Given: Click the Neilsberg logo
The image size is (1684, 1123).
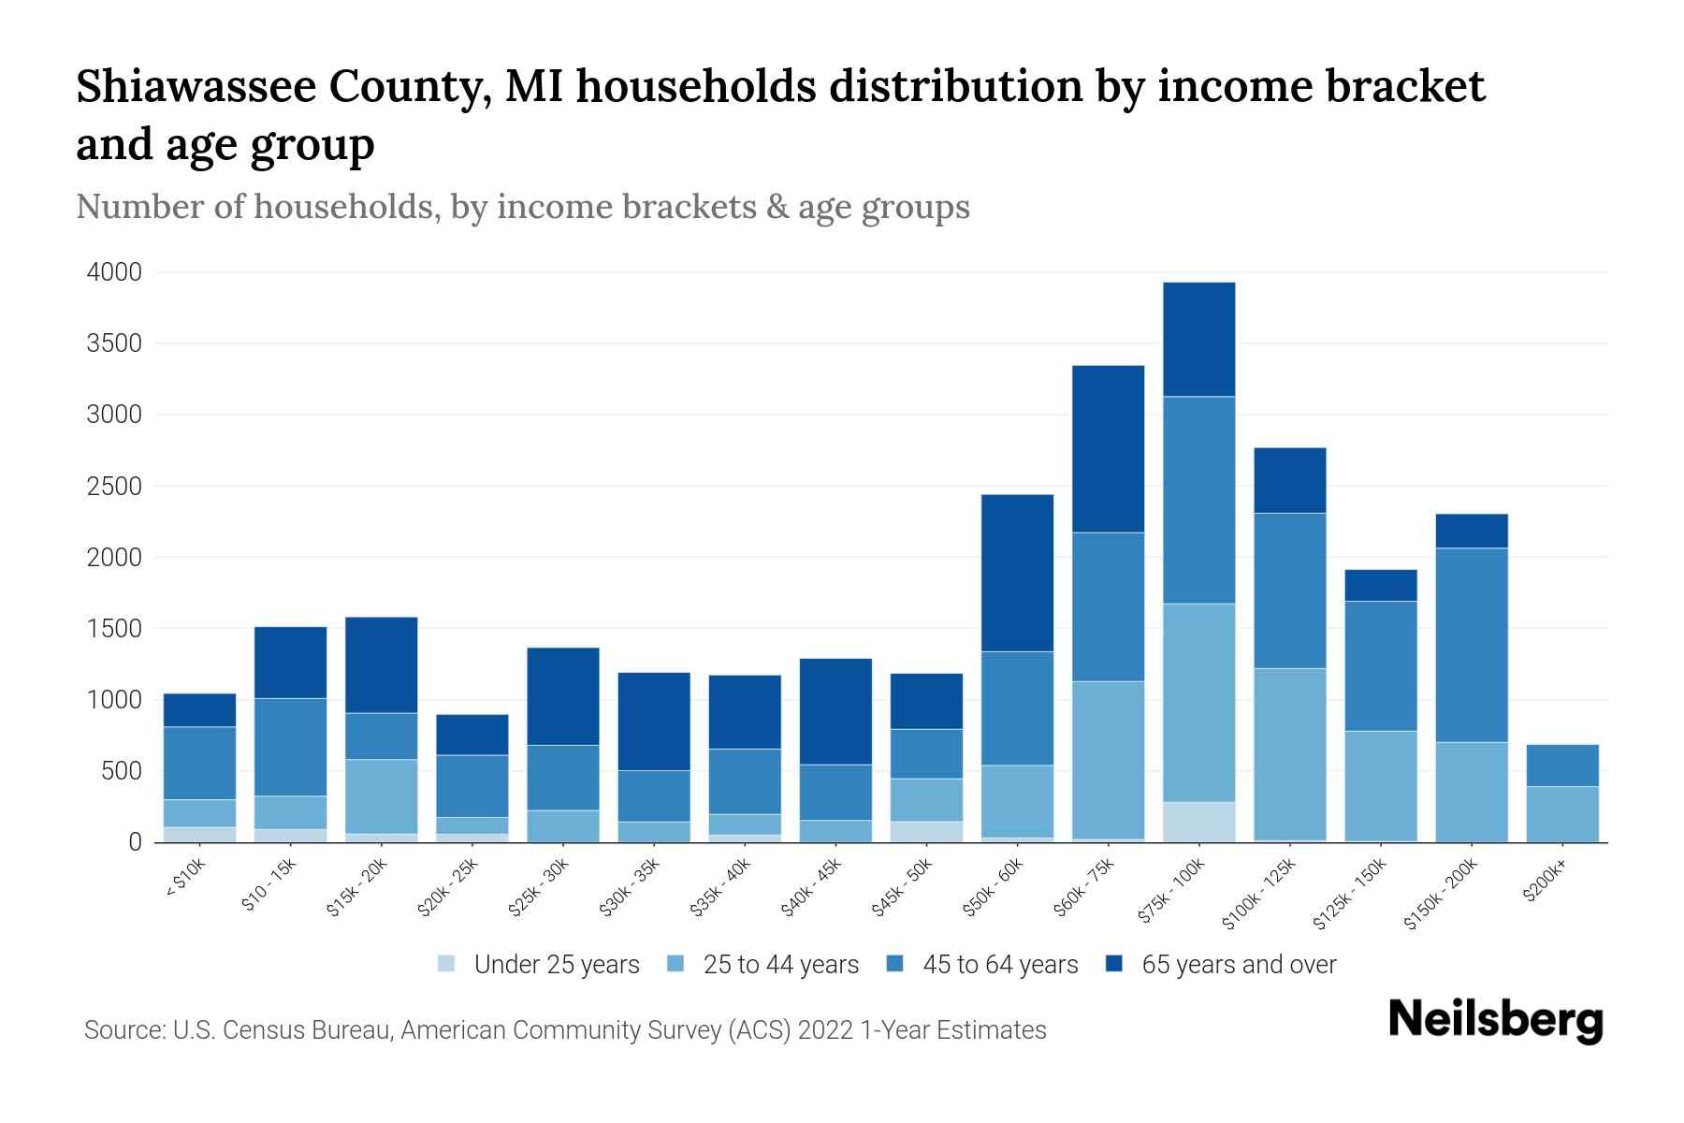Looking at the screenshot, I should [1495, 1020].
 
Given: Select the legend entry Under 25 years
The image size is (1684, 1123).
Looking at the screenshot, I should [556, 965].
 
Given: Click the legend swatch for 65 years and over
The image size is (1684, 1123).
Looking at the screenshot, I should [1114, 964].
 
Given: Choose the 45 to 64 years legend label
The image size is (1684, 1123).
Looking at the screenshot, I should [999, 965].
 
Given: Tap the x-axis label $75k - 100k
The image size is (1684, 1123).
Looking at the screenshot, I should [1172, 893].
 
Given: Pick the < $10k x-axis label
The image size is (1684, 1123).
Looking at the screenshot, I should [185, 881].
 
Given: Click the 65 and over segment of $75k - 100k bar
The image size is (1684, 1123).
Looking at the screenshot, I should [1198, 339].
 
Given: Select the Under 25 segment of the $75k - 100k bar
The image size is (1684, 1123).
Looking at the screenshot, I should [1198, 822].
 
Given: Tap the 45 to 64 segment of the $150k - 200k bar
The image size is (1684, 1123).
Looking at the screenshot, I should [1472, 645].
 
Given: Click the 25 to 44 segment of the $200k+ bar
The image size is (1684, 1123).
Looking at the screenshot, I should [1562, 814].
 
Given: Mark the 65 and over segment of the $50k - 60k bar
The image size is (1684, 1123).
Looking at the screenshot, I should [1017, 573].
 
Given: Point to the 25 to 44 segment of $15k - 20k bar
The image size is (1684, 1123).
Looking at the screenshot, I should [382, 795].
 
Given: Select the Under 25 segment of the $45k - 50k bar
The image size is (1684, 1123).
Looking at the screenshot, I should [926, 831].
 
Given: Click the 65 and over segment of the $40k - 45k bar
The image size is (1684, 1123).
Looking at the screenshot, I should [835, 711].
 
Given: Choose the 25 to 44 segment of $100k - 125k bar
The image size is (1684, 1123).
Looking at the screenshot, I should [1289, 753].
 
